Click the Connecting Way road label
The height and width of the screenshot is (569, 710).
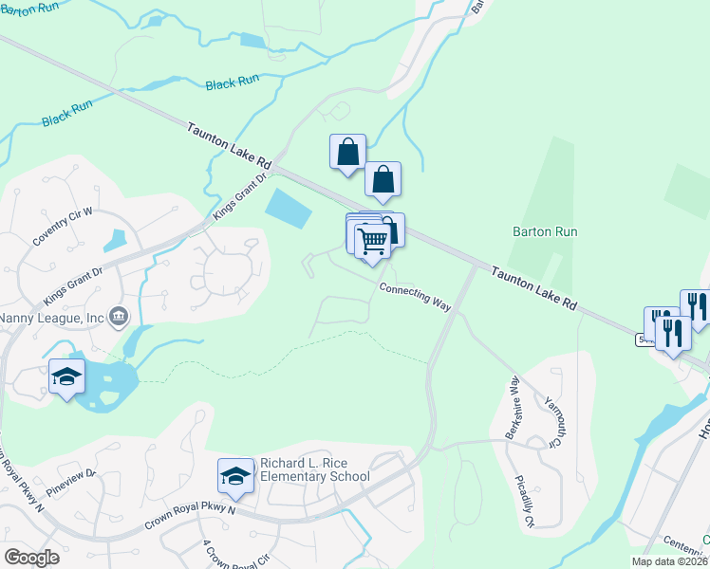tap(415, 296)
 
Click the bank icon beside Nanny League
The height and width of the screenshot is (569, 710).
tap(118, 317)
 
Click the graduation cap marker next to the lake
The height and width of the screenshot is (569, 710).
tap(66, 377)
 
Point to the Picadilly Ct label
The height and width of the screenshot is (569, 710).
tap(525, 502)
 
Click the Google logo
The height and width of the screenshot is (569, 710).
tap(31, 558)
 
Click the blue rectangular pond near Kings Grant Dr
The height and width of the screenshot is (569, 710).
tap(289, 207)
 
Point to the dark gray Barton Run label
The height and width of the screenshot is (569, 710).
tap(545, 231)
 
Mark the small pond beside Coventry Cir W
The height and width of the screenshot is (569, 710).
tap(119, 241)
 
